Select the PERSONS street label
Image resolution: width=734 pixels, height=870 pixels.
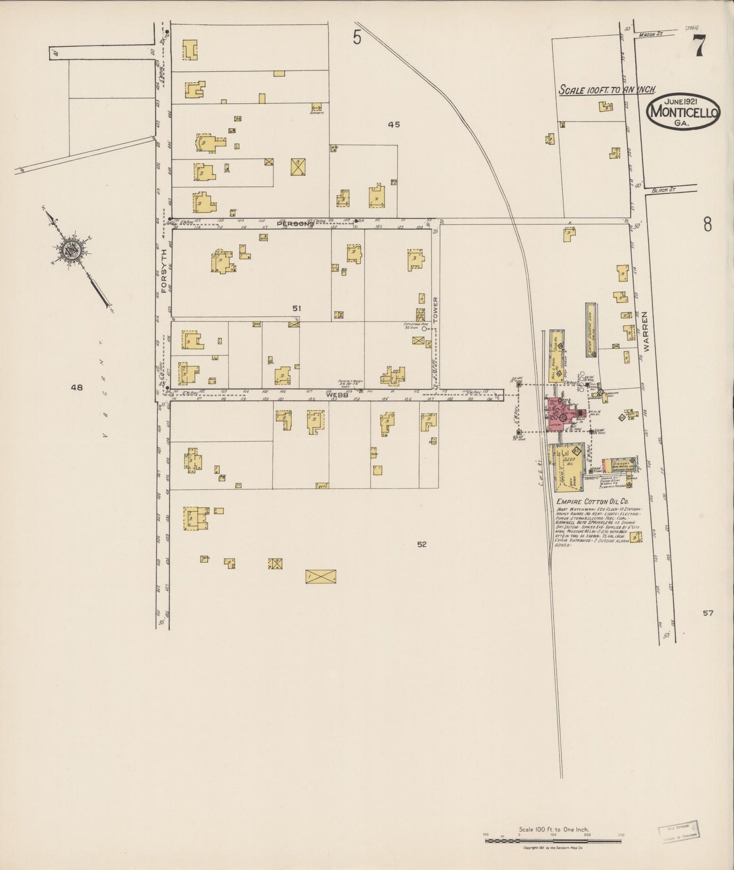pos(296,224)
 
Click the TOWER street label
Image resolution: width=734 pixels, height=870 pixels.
pos(435,310)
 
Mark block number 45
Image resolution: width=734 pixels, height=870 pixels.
pos(394,124)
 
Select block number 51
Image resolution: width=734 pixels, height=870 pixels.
pos(297,308)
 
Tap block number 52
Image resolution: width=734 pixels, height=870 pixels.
pos(422,545)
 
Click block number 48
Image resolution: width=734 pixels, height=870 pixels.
pos(77,387)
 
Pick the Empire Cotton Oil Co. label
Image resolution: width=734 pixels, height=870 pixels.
pos(586,501)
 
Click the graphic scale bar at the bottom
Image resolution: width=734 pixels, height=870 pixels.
pos(553,841)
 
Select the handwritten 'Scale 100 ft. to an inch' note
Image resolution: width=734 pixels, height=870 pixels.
pos(607,90)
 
